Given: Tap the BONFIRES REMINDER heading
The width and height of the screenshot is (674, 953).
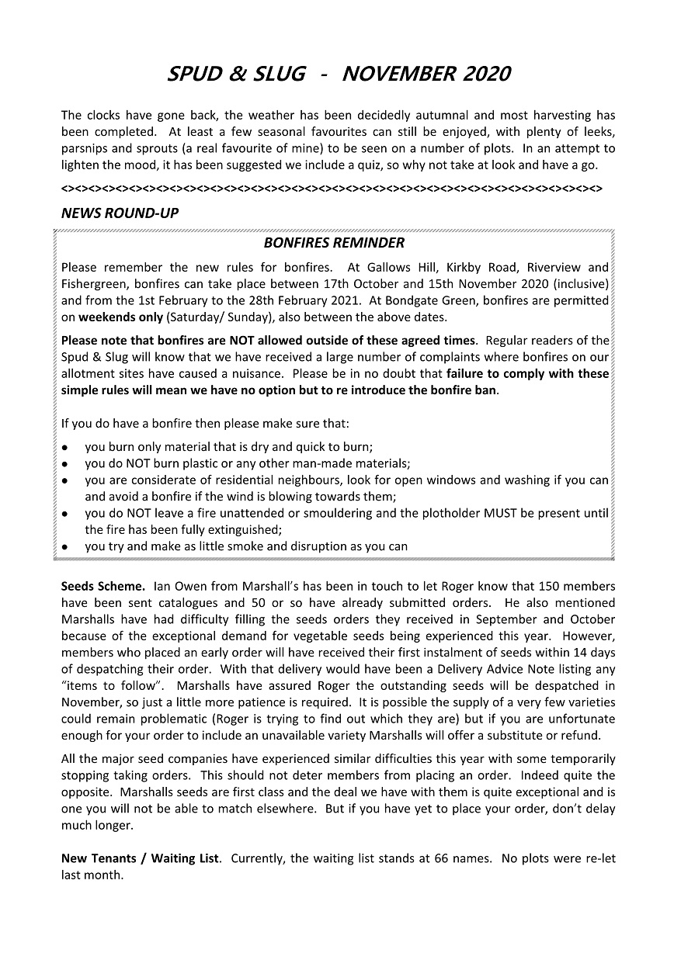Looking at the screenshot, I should point(334,243).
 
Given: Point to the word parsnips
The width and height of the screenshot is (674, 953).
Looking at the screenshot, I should point(84,148).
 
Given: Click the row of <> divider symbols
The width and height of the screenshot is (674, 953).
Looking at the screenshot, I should point(332,189).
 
